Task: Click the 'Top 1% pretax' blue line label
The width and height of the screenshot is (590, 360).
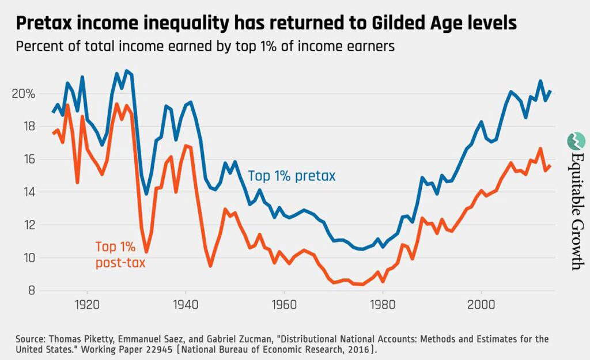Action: [x=292, y=176]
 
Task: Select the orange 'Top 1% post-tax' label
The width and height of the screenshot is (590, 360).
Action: [x=120, y=255]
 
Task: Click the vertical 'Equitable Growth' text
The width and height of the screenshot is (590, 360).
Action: [x=576, y=210]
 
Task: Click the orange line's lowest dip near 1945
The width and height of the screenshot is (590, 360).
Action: [x=211, y=266]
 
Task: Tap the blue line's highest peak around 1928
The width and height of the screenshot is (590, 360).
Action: [x=127, y=71]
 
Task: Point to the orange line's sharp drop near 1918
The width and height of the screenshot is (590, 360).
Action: [x=77, y=183]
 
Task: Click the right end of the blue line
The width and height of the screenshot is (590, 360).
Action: [x=550, y=91]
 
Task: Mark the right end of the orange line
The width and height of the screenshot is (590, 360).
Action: [x=550, y=166]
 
